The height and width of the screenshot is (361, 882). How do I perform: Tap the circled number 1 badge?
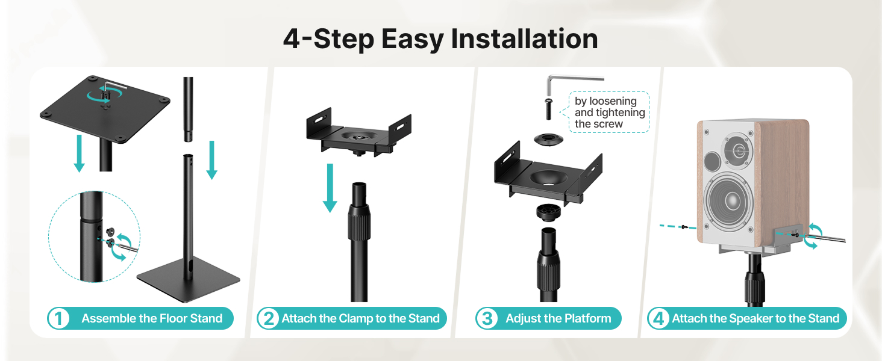pyautogui.click(x=58, y=318)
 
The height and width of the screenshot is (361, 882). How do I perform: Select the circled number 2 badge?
pyautogui.click(x=269, y=318)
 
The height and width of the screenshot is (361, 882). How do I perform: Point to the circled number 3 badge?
pyautogui.click(x=487, y=318)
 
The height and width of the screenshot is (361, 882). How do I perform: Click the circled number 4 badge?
pyautogui.click(x=658, y=318)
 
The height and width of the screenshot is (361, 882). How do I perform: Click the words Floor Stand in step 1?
pyautogui.click(x=192, y=318)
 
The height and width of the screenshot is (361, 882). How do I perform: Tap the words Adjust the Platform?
pyautogui.click(x=558, y=318)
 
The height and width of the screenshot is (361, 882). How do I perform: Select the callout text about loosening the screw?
pyautogui.click(x=610, y=113)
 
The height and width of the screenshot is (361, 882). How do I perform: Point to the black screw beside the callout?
pyautogui.click(x=548, y=110)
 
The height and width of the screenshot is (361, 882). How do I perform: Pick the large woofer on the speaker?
pyautogui.click(x=728, y=200)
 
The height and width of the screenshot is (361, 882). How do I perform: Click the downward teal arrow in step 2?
pyautogui.click(x=330, y=188)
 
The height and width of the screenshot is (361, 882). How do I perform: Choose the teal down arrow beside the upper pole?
pyautogui.click(x=212, y=160)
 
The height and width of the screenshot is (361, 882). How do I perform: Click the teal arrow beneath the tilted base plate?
pyautogui.click(x=80, y=153)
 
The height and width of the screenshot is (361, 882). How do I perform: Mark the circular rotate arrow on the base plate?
pyautogui.click(x=105, y=94)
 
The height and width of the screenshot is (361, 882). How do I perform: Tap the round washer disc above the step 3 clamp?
pyautogui.click(x=548, y=139)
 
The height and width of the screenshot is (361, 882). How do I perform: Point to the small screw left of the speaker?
pyautogui.click(x=684, y=227)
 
